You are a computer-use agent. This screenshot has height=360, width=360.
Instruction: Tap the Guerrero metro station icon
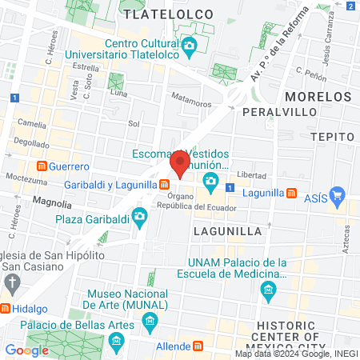(x=42, y=166)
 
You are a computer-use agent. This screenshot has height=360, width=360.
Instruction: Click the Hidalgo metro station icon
(x=5, y=308)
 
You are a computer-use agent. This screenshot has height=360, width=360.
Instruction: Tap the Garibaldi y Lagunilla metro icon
(x=163, y=184)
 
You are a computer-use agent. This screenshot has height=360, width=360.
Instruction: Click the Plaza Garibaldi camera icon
(x=140, y=217)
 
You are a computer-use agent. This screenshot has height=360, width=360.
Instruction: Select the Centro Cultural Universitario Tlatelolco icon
(x=189, y=46)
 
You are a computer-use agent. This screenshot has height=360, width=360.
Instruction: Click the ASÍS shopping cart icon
(x=337, y=194)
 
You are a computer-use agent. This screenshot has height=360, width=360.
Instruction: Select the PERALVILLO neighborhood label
(x=275, y=110)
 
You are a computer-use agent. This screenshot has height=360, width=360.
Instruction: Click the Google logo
(x=26, y=350)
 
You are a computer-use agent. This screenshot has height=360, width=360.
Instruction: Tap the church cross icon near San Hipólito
(x=12, y=282)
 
